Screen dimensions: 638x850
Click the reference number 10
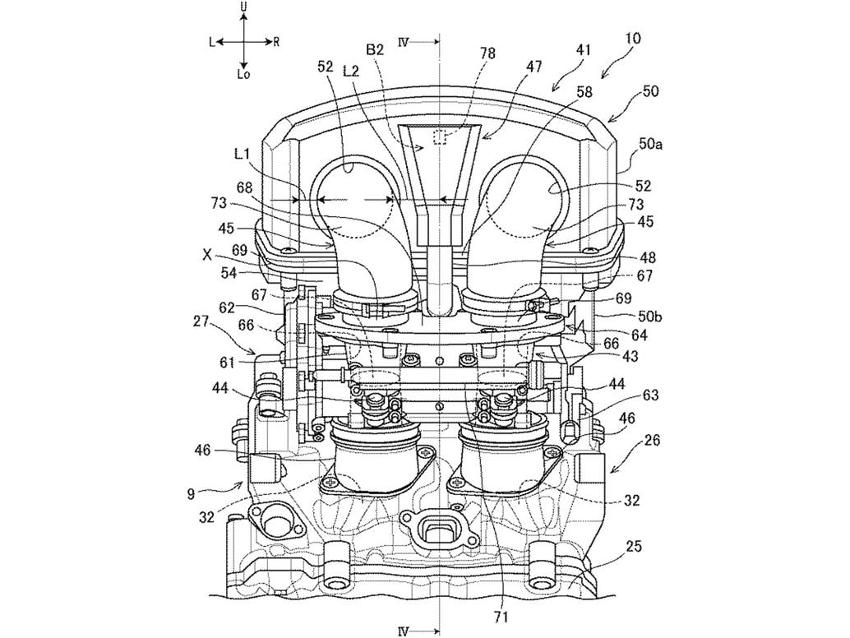click(x=633, y=38)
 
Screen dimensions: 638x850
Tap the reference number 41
click(x=583, y=49)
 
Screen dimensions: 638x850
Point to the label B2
click(x=375, y=49)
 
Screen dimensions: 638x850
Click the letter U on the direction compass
click(x=243, y=7)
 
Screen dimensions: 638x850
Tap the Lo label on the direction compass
click(x=243, y=74)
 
